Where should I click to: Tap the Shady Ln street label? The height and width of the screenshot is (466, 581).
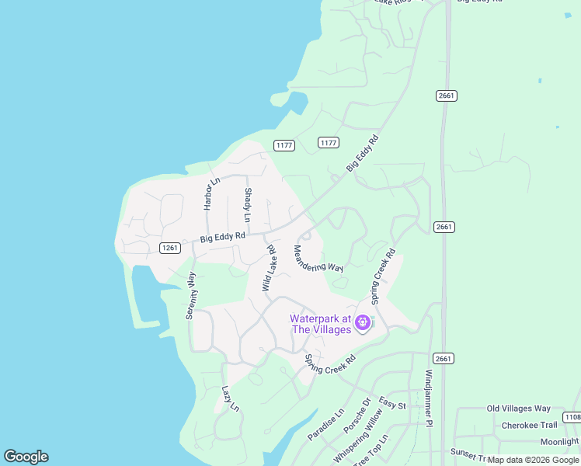click(x=248, y=205)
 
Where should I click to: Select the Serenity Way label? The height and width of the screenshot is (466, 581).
click(x=191, y=295)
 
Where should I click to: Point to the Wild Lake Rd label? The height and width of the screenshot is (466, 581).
click(x=270, y=269)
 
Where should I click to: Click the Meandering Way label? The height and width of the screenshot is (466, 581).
click(x=318, y=258)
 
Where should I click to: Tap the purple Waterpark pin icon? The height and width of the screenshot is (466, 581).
click(x=362, y=322)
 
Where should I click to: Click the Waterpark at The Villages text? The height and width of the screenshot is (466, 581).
click(x=319, y=324)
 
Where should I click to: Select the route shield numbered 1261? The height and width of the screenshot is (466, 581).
click(x=170, y=248)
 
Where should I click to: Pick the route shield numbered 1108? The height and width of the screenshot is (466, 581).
click(x=572, y=418)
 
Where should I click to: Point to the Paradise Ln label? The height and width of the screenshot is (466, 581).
click(x=325, y=425)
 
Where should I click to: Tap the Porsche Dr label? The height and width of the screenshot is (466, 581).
click(x=358, y=416)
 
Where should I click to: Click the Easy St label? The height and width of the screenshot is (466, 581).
click(x=392, y=403)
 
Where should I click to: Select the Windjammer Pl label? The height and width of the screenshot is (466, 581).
click(x=427, y=398)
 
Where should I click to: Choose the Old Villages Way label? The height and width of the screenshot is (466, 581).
click(x=518, y=409)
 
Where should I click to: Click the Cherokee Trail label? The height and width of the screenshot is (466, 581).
click(x=529, y=425)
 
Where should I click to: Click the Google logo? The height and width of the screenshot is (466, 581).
click(x=26, y=457)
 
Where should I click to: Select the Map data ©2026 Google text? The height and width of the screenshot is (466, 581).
click(x=533, y=460)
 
